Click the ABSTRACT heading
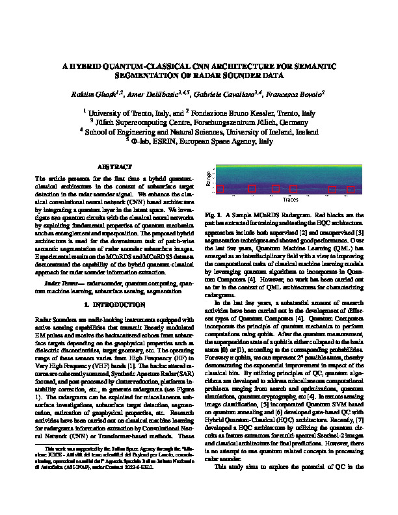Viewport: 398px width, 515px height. click(x=114, y=167)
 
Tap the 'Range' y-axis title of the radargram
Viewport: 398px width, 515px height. click(x=208, y=180)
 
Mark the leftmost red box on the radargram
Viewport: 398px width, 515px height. click(x=220, y=189)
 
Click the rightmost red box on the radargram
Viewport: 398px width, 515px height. click(x=351, y=189)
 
